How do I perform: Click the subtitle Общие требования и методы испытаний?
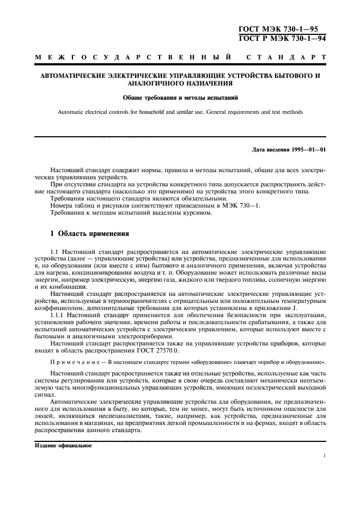pos(180,98)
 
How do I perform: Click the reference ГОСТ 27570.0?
pos(162,352)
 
